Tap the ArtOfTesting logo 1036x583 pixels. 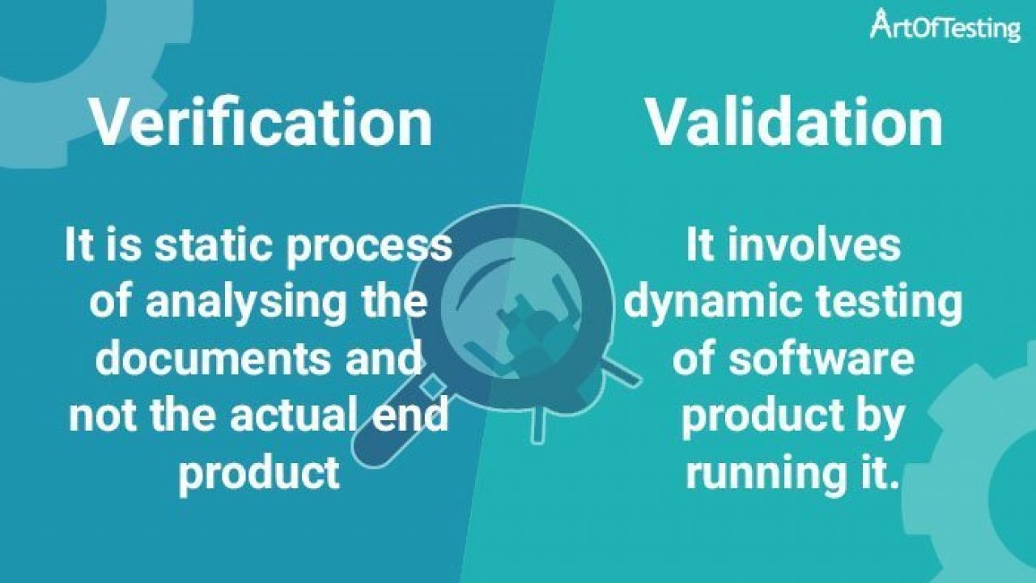pos(945,27)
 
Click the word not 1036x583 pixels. pos(97,415)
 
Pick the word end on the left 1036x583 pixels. pos(418,415)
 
